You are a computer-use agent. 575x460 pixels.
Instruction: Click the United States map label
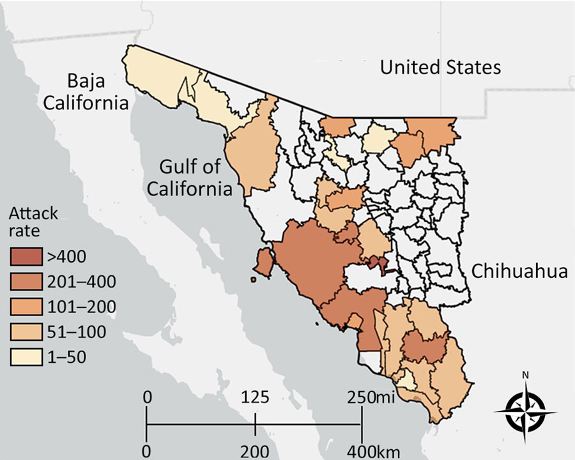click(440, 67)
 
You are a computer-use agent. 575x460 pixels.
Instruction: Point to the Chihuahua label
click(519, 272)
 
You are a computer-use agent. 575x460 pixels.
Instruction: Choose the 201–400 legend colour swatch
click(26, 281)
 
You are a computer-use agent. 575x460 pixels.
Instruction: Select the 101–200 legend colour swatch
click(26, 307)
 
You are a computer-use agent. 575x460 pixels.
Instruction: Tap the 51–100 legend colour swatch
click(26, 332)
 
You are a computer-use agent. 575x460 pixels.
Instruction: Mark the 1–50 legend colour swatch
click(26, 356)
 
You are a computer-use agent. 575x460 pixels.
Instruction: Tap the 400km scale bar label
click(369, 452)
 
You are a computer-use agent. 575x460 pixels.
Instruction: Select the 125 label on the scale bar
click(255, 397)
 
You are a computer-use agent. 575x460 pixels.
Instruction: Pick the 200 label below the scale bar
click(255, 452)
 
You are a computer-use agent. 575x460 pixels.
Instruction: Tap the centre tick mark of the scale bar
click(255, 424)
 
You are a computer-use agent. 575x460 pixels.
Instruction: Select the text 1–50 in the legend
click(66, 356)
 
